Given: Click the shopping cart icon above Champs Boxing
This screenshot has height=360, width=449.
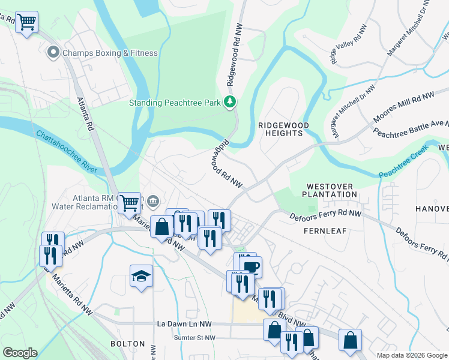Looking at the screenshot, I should [26, 22].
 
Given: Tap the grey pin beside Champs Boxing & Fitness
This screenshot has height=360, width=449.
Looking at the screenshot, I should [53, 53].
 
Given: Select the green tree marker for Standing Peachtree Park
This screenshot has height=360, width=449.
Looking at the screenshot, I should [229, 102].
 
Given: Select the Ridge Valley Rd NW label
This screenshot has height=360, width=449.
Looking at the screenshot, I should [348, 44].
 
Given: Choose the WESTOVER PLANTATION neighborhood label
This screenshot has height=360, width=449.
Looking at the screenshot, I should [330, 191].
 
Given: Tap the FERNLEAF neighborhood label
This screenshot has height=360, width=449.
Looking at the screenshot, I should [325, 231].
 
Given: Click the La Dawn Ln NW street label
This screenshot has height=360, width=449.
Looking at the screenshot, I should [186, 323].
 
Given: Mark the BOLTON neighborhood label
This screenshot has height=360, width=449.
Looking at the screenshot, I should [128, 344].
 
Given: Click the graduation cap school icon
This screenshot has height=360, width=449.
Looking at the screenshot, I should [141, 276].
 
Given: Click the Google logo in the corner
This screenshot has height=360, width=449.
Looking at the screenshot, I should [20, 353].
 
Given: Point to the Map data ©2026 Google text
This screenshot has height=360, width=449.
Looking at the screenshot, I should [411, 355].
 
